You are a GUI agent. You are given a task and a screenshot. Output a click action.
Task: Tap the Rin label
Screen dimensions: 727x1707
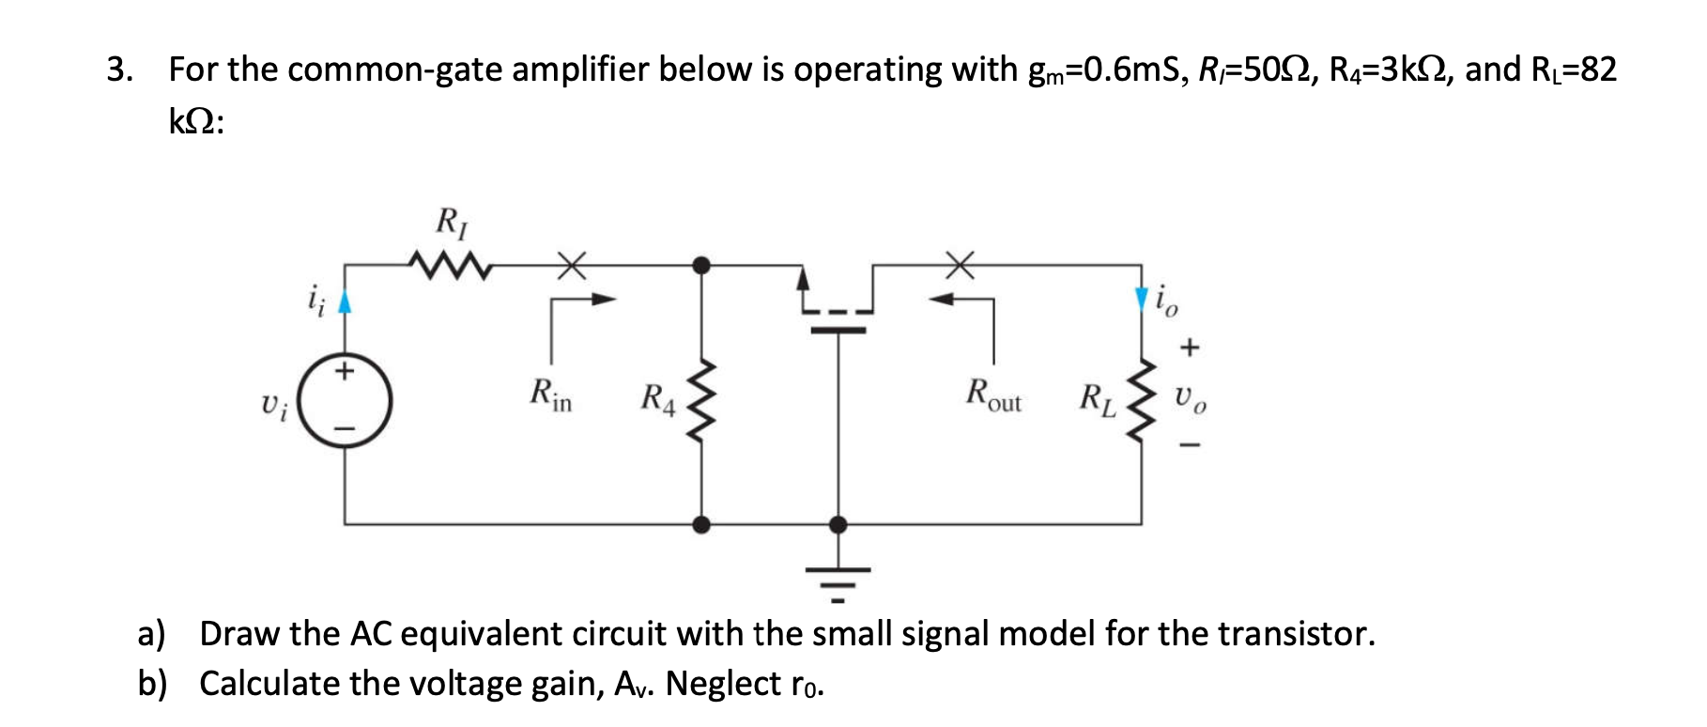(x=551, y=394)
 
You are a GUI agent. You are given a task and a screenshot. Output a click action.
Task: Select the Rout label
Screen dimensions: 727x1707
(x=993, y=394)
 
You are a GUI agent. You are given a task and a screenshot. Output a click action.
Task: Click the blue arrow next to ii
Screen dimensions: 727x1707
(x=345, y=301)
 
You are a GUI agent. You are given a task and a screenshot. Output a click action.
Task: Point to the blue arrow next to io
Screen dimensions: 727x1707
(x=1142, y=299)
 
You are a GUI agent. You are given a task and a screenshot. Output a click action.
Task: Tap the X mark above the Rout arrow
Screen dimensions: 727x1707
(x=959, y=265)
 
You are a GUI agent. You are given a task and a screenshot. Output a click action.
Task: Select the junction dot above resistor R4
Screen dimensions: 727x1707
(x=701, y=265)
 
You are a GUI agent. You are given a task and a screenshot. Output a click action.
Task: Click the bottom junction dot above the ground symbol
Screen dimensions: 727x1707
(x=838, y=524)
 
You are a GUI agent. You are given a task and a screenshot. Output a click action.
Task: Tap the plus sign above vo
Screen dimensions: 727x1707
(x=1190, y=348)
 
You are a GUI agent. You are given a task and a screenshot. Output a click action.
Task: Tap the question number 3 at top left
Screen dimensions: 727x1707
(x=116, y=70)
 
